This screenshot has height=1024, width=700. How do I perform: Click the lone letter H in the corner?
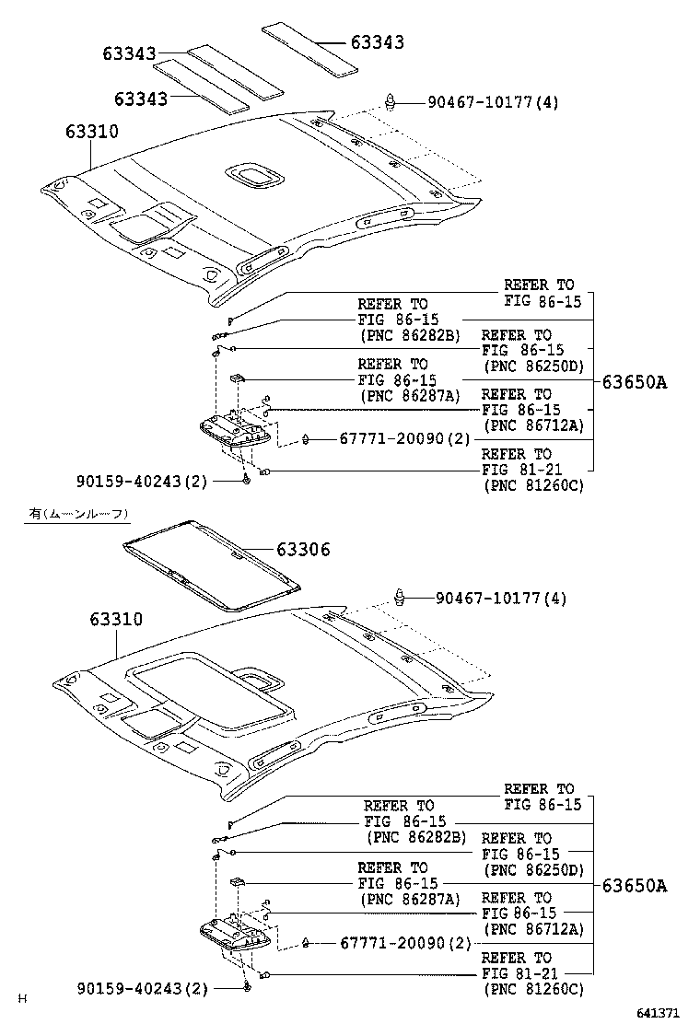pos(25,998)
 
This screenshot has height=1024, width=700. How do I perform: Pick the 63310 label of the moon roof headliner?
pos(116,620)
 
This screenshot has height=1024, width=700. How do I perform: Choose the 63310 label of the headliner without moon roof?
pos(91,132)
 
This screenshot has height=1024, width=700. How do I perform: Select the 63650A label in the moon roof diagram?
pos(634,887)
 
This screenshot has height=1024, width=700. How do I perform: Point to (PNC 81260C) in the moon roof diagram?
pos(534,990)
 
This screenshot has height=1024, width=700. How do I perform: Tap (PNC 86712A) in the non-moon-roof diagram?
pos(534,425)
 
